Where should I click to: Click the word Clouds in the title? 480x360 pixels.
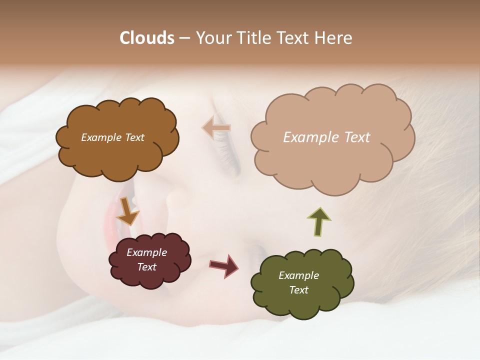click(x=147, y=38)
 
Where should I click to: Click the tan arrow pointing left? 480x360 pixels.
click(x=216, y=128)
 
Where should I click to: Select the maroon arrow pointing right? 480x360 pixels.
click(x=223, y=265)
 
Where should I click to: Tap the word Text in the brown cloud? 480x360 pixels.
click(x=133, y=137)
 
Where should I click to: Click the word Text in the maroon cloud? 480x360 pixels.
click(x=147, y=267)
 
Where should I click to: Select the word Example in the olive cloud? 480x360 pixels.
click(x=298, y=275)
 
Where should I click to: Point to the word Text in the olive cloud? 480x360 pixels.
click(x=298, y=290)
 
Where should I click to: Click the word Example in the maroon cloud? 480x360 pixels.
click(x=147, y=252)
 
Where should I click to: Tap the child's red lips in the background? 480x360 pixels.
click(x=111, y=220)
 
